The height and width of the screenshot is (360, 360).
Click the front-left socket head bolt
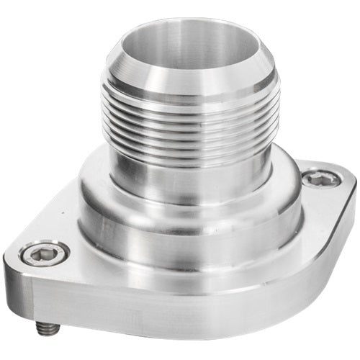coord(45,253)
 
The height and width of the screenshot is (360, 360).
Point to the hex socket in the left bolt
coord(45,253)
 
